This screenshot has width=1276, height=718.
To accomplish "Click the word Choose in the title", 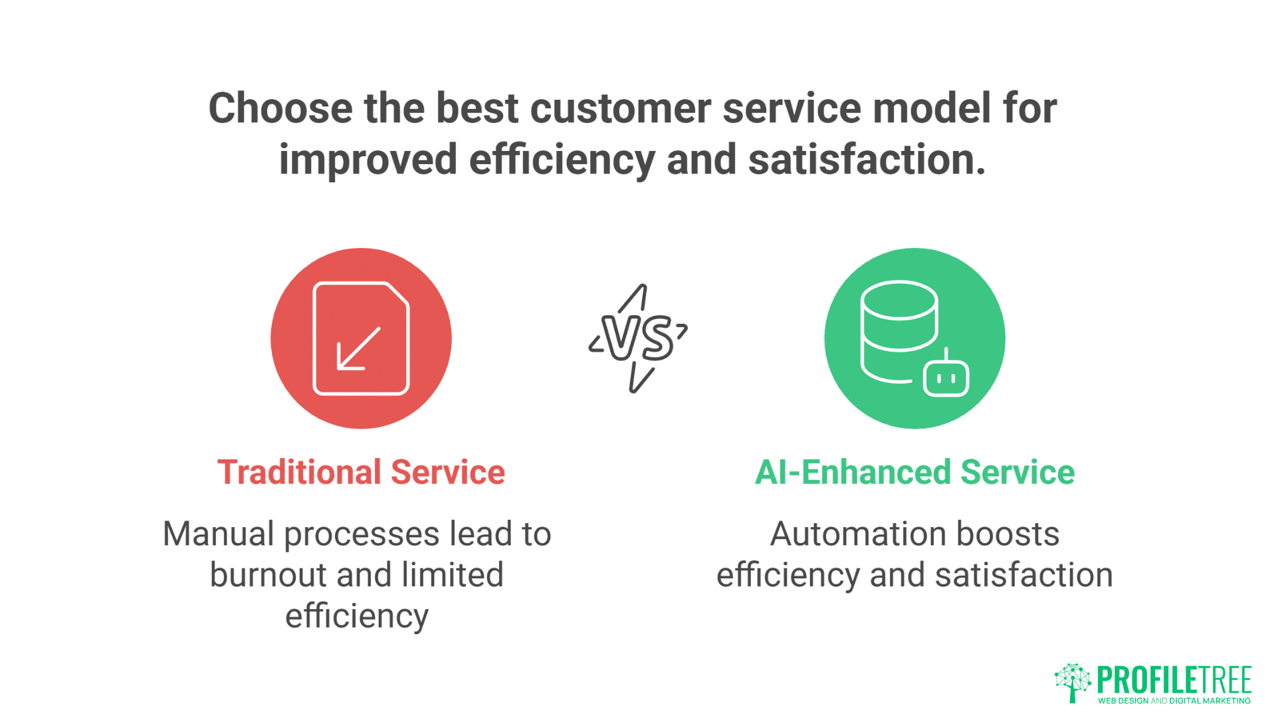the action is coord(280,108).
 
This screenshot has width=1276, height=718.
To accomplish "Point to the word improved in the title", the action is coord(368,160).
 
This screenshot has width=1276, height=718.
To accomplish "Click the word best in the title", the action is coord(477,108).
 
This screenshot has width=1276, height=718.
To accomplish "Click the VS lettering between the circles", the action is coord(637,338).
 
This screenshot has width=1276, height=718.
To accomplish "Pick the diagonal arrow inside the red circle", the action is coord(359,348).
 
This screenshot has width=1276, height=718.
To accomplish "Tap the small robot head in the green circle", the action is coord(946,374).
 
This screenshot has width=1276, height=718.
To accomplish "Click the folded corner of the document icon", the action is coord(397,296).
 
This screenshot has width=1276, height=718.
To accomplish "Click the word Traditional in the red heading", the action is coord(300,473).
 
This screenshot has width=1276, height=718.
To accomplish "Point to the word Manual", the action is coord(219,534).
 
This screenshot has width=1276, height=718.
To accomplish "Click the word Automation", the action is coord(858,534).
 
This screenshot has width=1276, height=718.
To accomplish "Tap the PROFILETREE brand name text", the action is coord(1174,680).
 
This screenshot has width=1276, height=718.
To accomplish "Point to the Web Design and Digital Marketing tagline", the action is coord(1174,701).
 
